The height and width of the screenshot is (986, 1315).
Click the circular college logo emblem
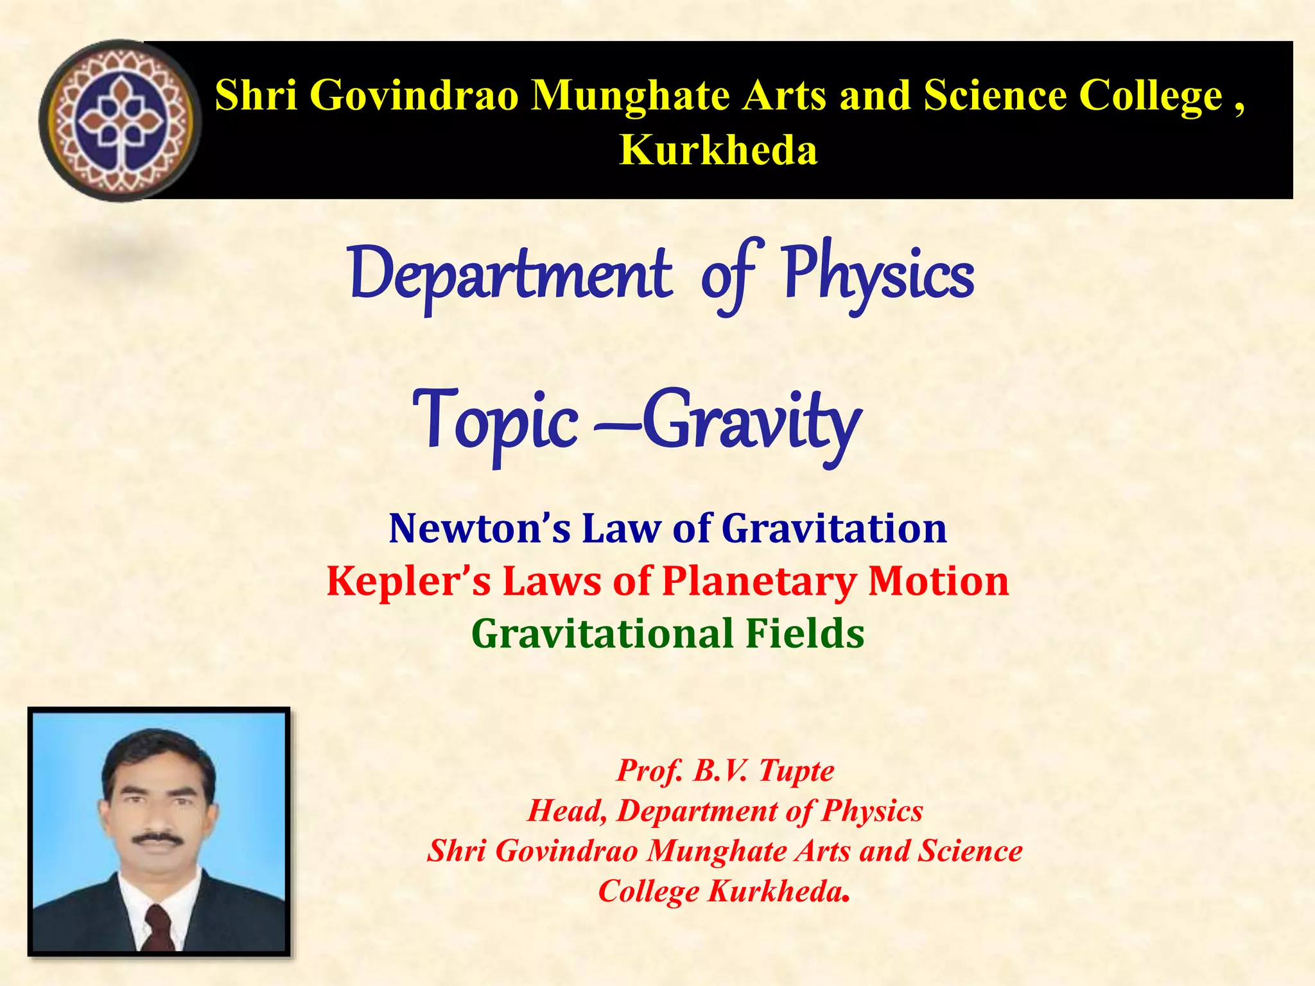coord(120,121)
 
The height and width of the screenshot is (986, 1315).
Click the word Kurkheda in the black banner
coord(718,150)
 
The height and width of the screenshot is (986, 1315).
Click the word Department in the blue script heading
coord(510,275)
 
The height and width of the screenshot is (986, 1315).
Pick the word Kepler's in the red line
coord(408,581)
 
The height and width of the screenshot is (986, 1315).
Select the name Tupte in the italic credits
coord(796,770)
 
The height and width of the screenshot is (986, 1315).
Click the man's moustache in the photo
coord(157,838)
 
